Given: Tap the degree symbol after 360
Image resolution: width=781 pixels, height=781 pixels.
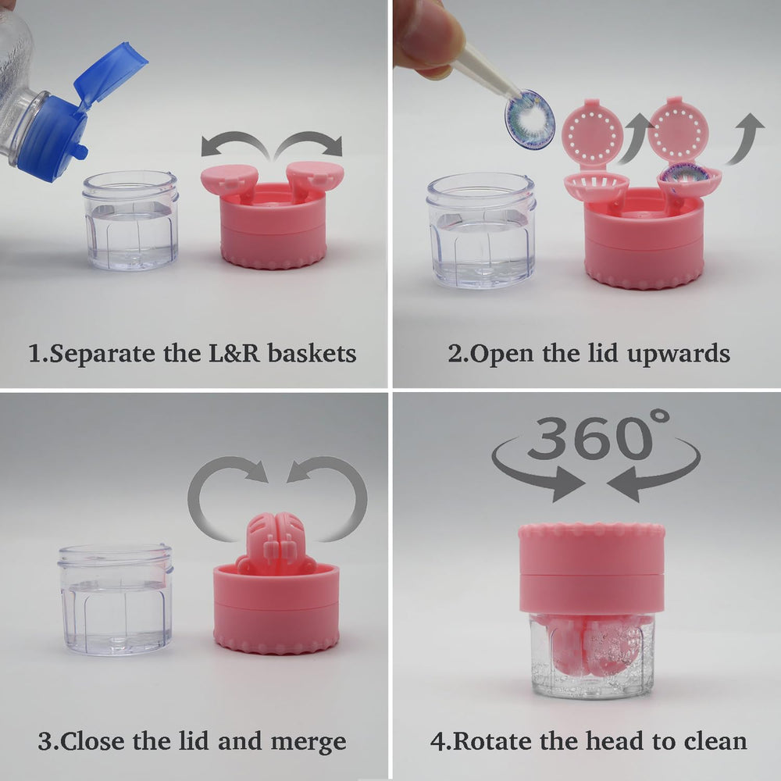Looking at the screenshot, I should coord(660,418).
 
